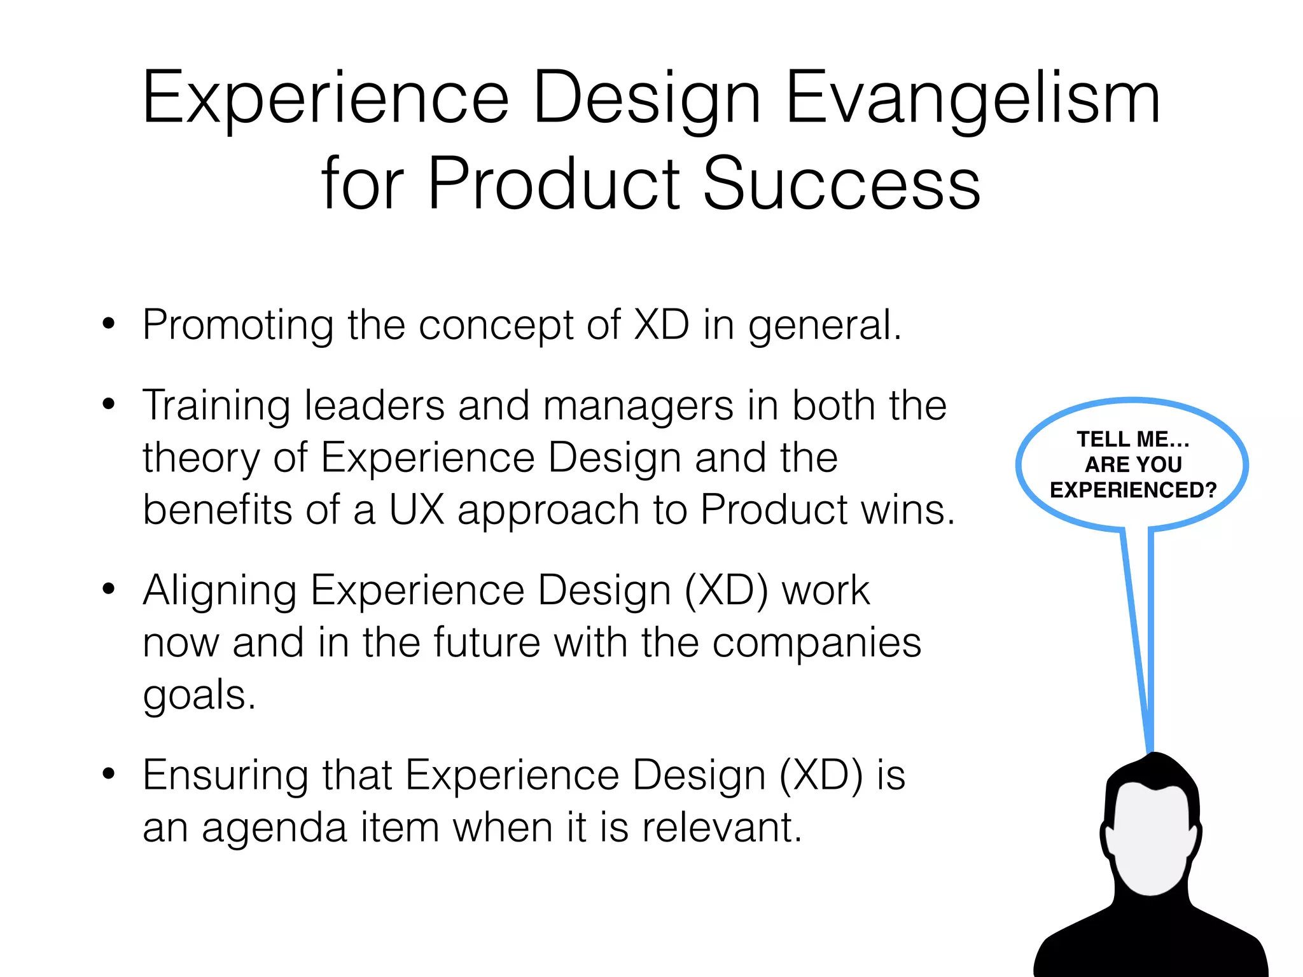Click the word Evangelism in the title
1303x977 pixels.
[x=973, y=99]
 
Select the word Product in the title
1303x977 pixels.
[x=554, y=184]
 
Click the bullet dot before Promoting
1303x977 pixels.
[x=109, y=324]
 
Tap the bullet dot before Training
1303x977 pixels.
[x=109, y=404]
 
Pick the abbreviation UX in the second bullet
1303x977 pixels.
[x=416, y=510]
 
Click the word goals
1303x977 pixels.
[x=199, y=696]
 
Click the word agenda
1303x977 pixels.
[x=274, y=828]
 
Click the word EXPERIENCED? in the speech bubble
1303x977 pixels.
[x=1133, y=490]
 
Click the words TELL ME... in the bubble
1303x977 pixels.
[x=1133, y=439]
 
